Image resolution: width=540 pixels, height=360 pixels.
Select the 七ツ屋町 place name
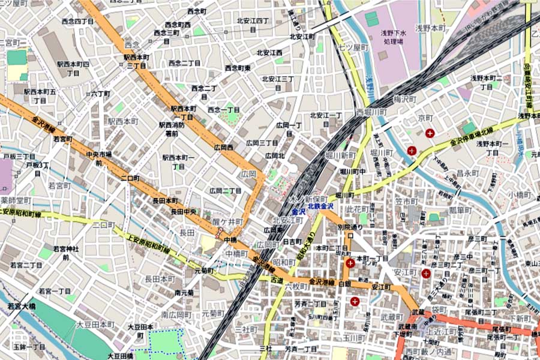(352, 47)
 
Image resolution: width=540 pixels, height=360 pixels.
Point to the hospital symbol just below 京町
(430, 133)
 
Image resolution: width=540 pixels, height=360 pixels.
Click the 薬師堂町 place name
(16, 200)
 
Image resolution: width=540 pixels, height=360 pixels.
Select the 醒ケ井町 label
(228, 221)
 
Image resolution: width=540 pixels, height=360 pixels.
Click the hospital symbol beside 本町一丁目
(349, 263)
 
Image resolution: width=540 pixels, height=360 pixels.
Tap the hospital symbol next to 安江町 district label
(426, 274)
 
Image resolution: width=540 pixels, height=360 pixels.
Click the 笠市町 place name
(406, 201)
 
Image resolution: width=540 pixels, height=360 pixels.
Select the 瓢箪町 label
(461, 210)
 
